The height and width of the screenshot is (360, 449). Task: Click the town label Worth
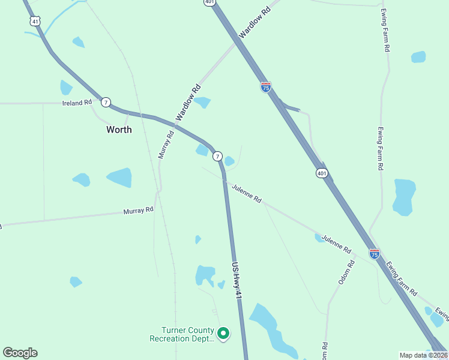(119, 129)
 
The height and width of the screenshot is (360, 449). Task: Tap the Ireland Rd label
(77, 103)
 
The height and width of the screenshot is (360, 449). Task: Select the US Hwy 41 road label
(237, 280)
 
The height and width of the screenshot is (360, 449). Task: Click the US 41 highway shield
(35, 21)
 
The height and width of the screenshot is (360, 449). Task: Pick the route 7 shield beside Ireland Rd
(106, 102)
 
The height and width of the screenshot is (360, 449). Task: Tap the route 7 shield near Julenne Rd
(217, 155)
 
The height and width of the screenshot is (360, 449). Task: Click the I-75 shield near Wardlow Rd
(266, 87)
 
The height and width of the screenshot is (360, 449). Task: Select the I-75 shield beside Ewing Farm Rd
(375, 254)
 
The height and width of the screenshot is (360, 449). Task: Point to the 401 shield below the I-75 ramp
(322, 173)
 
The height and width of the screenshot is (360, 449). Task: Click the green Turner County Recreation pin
(223, 332)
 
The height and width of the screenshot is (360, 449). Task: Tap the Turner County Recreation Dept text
(181, 334)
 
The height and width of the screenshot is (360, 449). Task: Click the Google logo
(20, 353)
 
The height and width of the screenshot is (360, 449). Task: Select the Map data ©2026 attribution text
(423, 355)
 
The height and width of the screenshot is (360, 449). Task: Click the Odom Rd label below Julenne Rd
(343, 272)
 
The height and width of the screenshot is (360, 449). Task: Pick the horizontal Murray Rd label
(139, 211)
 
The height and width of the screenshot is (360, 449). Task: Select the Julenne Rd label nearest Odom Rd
(336, 242)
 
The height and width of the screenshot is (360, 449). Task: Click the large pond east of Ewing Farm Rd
(404, 196)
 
